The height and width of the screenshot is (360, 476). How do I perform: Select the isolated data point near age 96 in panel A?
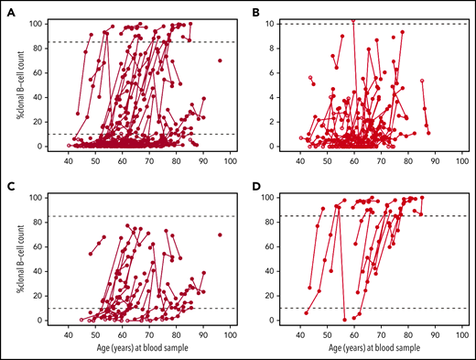coord(220,60)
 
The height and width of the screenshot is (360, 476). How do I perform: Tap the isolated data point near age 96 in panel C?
coord(220,235)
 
